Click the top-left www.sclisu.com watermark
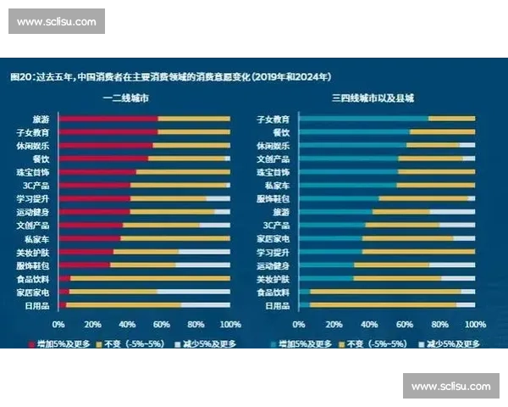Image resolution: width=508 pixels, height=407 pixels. point(57,21)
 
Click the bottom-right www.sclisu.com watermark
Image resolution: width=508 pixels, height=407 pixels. point(450,386)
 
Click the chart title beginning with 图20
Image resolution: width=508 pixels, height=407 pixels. point(169,76)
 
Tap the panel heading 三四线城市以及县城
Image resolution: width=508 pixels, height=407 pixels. point(373,99)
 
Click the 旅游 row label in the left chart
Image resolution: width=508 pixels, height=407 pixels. point(40,120)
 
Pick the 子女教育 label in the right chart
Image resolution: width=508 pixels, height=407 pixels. point(273,120)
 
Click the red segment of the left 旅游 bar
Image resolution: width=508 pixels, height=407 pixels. point(108,120)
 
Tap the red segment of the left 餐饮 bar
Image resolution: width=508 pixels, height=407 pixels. point(102,159)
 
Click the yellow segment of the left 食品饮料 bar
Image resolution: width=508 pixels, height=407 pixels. point(149,278)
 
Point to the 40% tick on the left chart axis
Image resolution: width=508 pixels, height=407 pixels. point(126,324)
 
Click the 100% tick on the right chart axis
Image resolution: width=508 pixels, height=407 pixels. point(475,324)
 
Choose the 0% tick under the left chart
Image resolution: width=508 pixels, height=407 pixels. point(58,324)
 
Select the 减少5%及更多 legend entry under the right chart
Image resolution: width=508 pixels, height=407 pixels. point(454,343)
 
